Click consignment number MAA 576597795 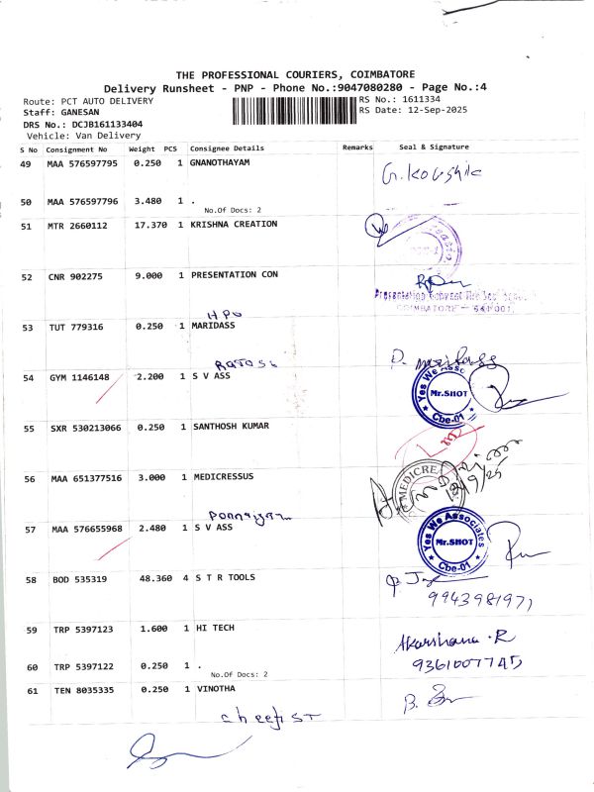click(82, 162)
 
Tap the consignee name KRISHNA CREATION click(234, 225)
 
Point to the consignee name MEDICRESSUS click(222, 476)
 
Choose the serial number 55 click(29, 428)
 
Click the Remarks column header click(357, 147)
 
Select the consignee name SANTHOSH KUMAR click(230, 427)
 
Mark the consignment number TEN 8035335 click(85, 689)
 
